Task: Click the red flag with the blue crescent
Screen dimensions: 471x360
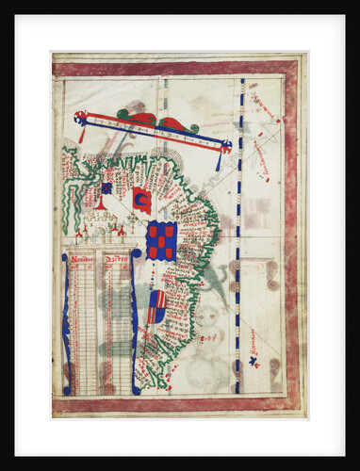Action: pyautogui.click(x=141, y=200)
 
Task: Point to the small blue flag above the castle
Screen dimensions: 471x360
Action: pyautogui.click(x=106, y=188)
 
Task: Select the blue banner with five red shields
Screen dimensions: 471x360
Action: pyautogui.click(x=161, y=240)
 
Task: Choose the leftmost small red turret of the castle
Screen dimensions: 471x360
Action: pyautogui.click(x=79, y=230)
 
